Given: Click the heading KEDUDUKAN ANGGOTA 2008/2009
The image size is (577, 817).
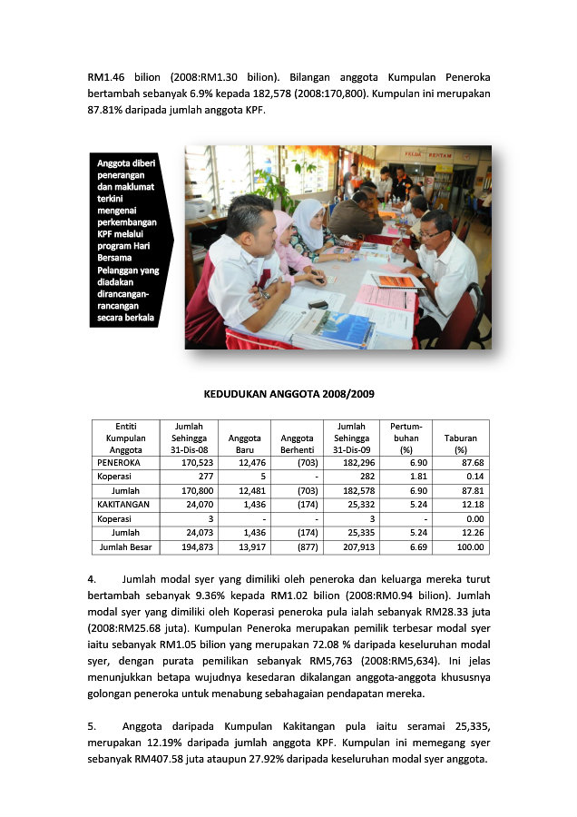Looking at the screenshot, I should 288,394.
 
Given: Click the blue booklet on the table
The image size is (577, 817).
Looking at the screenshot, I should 333,329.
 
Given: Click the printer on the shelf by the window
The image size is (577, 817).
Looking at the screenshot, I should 196,208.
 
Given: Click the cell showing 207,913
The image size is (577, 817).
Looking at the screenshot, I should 350,547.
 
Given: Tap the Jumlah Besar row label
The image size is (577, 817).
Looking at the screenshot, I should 125,547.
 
